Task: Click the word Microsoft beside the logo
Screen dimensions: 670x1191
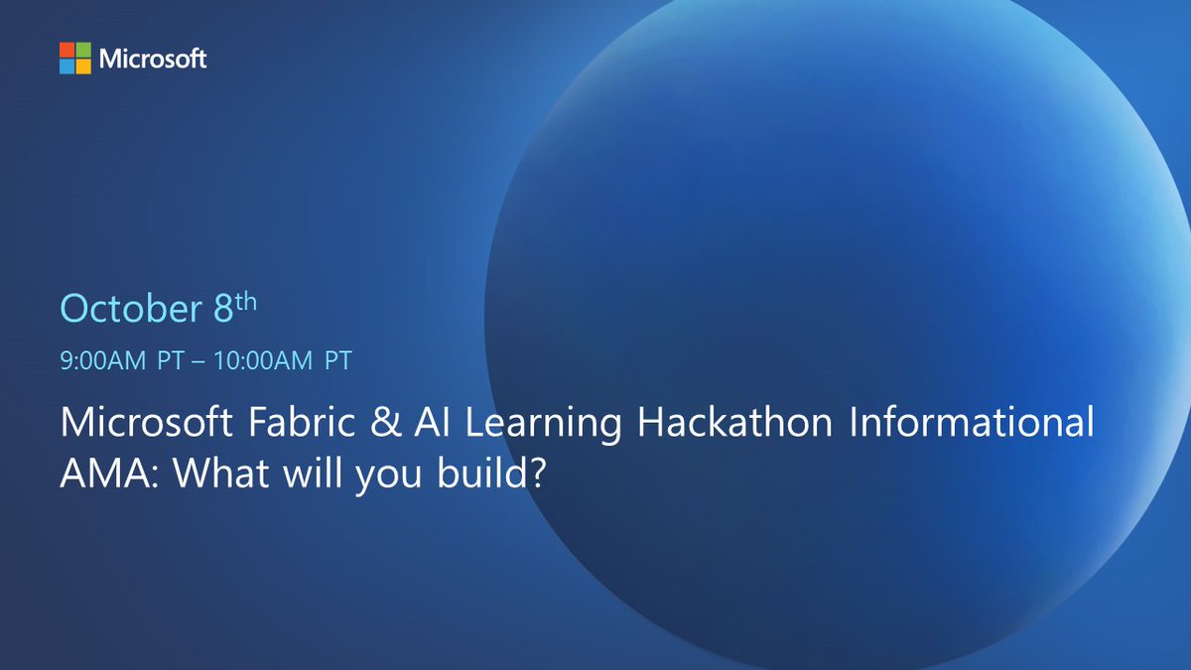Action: click(x=153, y=59)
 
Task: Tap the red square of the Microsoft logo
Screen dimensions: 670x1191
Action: click(x=66, y=50)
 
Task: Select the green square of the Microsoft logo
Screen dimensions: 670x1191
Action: click(x=82, y=50)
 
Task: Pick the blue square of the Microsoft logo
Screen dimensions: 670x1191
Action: click(x=66, y=66)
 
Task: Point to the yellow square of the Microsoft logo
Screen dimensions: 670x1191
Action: click(x=82, y=66)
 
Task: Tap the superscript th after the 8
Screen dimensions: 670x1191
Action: click(x=245, y=301)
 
